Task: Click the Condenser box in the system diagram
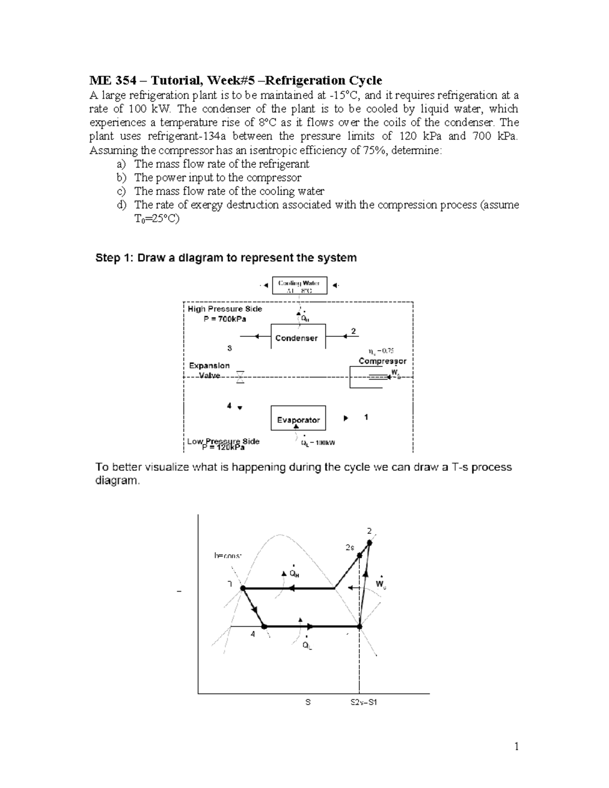(x=296, y=337)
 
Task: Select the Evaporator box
(x=298, y=420)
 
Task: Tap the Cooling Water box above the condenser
(x=299, y=286)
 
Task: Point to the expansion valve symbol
(x=240, y=377)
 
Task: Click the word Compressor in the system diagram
(x=382, y=361)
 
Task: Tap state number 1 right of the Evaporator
(x=366, y=417)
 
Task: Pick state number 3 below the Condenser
(x=229, y=348)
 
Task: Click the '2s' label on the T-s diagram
(x=349, y=547)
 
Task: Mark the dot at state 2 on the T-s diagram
(x=369, y=543)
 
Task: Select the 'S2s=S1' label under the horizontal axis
(x=364, y=703)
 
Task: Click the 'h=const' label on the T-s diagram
(x=228, y=556)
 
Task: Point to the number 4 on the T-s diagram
(x=252, y=634)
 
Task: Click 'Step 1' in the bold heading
(x=115, y=258)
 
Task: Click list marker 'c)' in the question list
(x=121, y=191)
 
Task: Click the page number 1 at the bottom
(x=516, y=746)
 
